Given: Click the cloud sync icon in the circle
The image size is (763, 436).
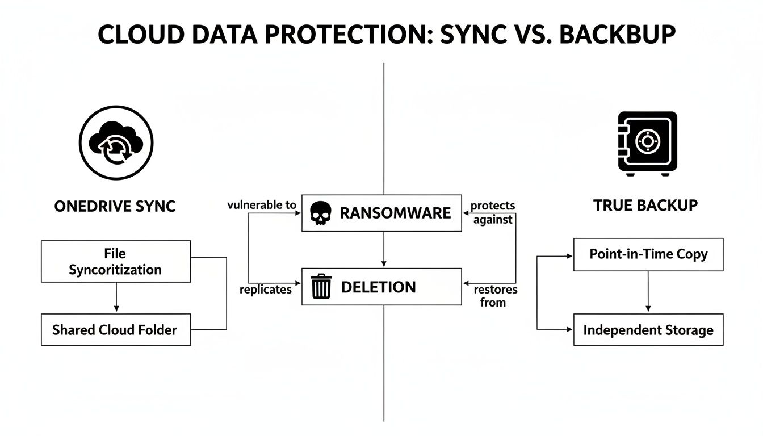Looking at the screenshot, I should pos(116,142).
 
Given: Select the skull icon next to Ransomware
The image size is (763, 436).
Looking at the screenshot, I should pos(320,213).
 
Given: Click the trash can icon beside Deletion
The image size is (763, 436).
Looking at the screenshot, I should pos(321,287).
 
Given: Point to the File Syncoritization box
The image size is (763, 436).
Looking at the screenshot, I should pos(116,262).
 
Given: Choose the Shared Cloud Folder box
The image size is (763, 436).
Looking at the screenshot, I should pos(116,329).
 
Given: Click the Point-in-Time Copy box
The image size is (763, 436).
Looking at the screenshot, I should pos(648,254).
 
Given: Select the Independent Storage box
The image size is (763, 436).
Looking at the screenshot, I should pos(648,330).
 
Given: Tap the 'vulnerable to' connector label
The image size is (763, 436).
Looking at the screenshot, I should pos(262,206).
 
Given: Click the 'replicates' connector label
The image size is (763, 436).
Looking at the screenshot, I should pos(266,290).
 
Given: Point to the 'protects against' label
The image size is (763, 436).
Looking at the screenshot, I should pos(493,212).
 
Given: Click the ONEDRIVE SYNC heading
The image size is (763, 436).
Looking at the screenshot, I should pos(115,206).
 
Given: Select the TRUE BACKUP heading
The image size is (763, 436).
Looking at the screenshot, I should pos(645,206).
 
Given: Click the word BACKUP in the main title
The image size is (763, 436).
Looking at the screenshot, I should pos(618,35).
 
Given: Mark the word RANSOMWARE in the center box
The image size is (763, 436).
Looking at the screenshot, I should pos(395,213).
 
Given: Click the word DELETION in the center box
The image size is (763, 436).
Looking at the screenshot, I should pos(378,287).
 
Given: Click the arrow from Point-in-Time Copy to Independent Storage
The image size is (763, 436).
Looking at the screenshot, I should pos(648,292).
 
